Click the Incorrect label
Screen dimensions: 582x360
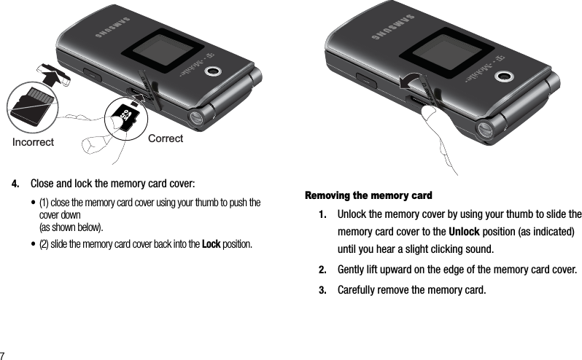tap(33, 143)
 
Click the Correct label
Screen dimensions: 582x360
tap(166, 138)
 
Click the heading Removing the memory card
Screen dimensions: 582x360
tap(368, 196)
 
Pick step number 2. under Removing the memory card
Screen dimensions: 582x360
tap(322, 270)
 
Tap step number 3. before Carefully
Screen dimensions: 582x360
tap(322, 292)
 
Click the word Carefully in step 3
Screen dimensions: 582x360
tap(359, 292)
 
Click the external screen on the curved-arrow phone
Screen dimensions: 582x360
tap(440, 53)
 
